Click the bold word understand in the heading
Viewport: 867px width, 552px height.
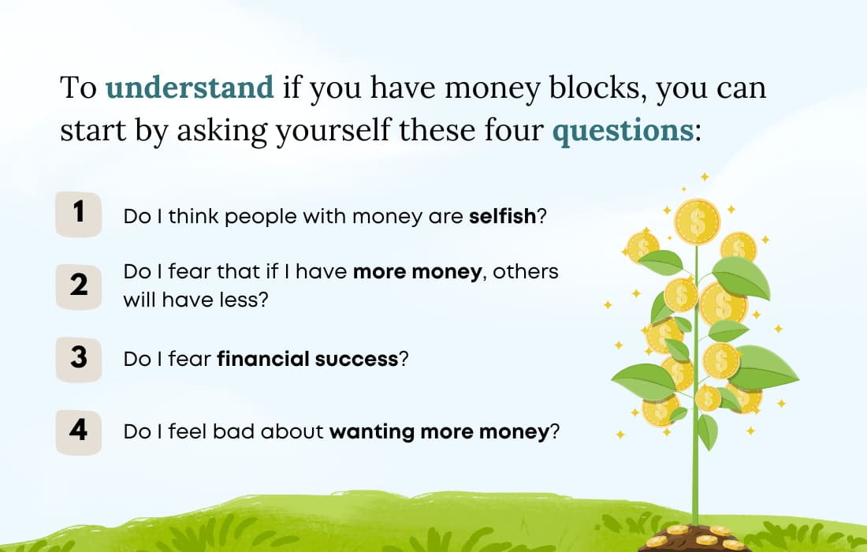click(x=190, y=88)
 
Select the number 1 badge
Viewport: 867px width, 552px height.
click(x=79, y=212)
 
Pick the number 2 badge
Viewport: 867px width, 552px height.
click(x=79, y=285)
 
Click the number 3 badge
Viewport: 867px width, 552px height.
click(x=79, y=358)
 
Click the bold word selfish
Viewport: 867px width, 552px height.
click(x=502, y=216)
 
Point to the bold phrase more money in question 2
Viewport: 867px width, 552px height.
click(x=417, y=272)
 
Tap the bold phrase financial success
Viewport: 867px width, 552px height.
click(x=307, y=360)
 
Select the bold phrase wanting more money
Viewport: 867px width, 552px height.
click(x=438, y=432)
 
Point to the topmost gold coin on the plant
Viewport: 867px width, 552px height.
click(x=698, y=221)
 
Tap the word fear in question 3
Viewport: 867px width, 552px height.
click(x=192, y=360)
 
